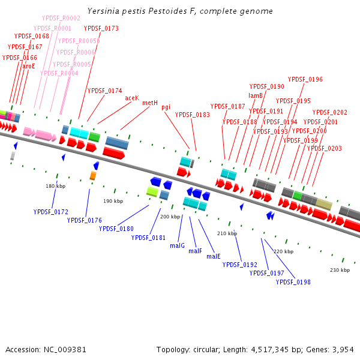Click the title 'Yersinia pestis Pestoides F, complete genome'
pos(180,11)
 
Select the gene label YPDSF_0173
pos(101,28)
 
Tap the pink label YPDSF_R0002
pos(61,19)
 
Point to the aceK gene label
pos(132,98)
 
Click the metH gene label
pos(150,103)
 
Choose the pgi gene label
pos(166,107)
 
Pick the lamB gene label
pos(256,95)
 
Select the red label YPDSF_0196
pos(305,79)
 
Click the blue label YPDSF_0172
pos(51,212)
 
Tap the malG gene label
pos(177,245)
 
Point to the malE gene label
pos(214,256)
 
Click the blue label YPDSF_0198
pos(293,282)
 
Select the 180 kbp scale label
pos(55,187)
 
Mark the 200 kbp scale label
pos(170,217)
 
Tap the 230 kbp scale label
pos(340,271)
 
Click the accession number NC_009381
pos(46,349)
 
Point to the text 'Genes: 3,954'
pos(334,349)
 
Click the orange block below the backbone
pos(92,175)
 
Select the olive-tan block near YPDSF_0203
pos(324,205)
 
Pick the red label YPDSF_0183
pos(193,115)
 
